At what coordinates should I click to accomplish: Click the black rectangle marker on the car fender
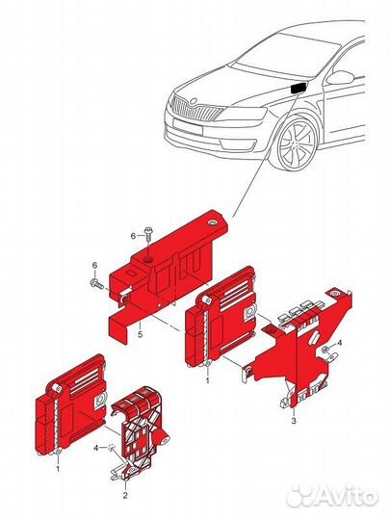(x=297, y=89)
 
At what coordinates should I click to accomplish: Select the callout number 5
(x=141, y=335)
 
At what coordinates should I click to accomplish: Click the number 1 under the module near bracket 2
(x=58, y=469)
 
